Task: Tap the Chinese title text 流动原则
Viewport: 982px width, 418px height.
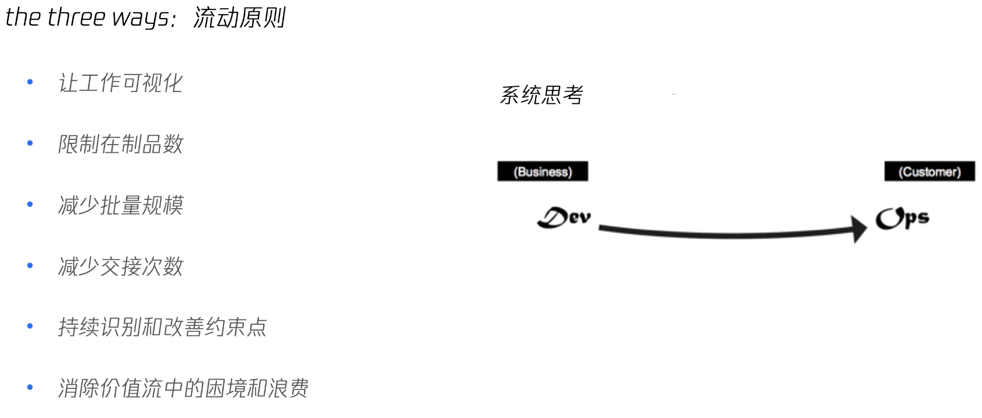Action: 239,17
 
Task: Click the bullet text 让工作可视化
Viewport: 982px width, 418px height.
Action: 120,83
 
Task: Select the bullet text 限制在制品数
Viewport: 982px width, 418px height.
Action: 120,144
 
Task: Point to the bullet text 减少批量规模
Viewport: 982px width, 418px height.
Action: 120,205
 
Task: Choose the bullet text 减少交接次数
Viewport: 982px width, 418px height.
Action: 120,266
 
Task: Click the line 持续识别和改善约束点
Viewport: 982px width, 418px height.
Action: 162,327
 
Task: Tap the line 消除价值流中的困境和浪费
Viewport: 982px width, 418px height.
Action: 183,388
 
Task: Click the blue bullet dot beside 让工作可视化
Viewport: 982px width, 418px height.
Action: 30,82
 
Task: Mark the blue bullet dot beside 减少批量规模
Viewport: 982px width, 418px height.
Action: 30,205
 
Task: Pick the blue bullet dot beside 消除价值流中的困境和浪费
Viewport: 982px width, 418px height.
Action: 30,388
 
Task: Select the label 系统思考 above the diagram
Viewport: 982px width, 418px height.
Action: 541,95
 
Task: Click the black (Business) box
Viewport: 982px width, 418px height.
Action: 543,171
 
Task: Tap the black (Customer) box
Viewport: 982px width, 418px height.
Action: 929,171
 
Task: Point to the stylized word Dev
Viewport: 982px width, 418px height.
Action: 564,217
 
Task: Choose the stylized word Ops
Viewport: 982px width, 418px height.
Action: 902,219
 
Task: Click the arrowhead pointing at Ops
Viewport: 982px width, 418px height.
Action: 859,229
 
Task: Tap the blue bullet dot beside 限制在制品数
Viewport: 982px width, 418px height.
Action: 30,143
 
